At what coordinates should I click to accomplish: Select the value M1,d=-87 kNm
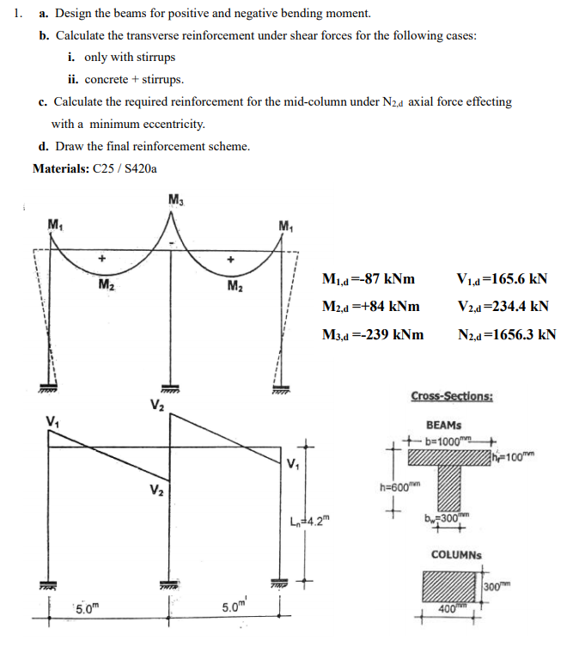368,279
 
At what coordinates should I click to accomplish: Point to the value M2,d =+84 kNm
370,307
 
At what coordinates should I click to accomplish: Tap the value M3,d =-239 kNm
373,334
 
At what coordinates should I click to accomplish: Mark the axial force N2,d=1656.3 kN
507,334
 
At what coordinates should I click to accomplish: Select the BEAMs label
444,424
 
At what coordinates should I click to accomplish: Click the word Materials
59,168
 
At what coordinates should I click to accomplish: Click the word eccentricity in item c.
172,124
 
